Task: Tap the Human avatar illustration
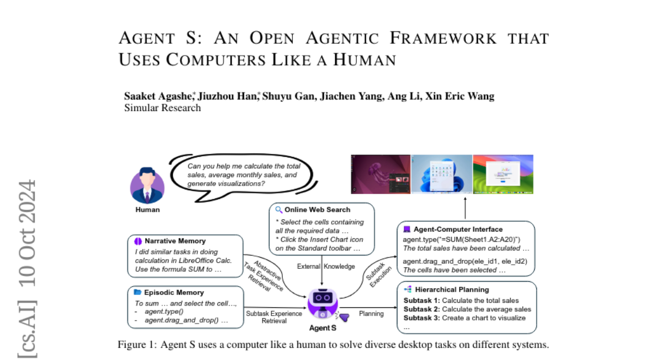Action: (147, 186)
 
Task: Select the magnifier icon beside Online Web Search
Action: (278, 210)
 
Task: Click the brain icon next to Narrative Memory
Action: (138, 241)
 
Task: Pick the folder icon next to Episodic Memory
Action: (137, 292)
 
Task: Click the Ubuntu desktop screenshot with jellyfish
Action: (381, 174)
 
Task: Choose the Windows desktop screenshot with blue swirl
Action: (442, 174)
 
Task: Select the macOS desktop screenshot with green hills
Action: (503, 174)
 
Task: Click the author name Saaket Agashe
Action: (158, 96)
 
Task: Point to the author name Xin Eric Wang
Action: (460, 96)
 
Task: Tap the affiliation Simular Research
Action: (162, 108)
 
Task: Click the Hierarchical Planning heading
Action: (452, 289)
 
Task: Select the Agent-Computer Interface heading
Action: (458, 229)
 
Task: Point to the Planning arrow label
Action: (371, 313)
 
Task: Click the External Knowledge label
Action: (326, 266)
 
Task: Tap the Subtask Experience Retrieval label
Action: (274, 317)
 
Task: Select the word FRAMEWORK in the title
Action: (443, 38)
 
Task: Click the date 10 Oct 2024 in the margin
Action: (27, 233)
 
